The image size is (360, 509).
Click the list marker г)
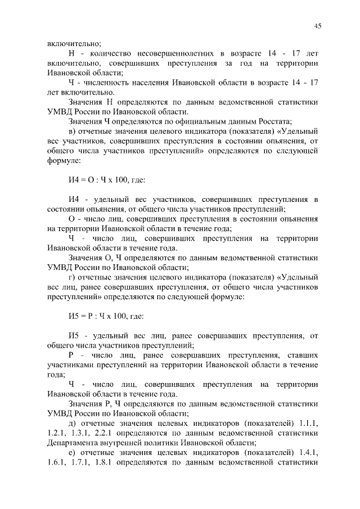72,277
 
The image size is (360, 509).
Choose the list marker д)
73,422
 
